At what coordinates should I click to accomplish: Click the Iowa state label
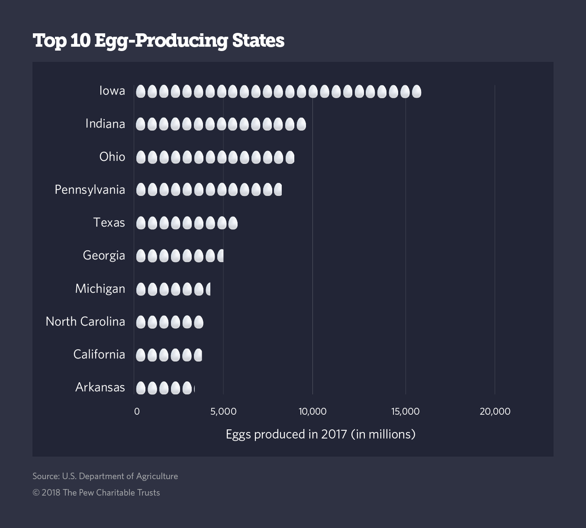pos(112,91)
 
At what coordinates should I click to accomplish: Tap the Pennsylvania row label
pos(90,190)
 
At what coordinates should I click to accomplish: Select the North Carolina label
pos(85,322)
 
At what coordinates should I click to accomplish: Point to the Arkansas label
pos(100,387)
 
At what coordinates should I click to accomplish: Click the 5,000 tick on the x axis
pos(223,411)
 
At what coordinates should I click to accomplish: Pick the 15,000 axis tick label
pos(406,411)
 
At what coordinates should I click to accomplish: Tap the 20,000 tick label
pos(495,411)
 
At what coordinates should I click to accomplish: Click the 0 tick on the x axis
pos(137,411)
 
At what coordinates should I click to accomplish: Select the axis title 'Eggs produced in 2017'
pos(320,434)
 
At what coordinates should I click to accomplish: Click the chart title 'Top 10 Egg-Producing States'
pos(158,41)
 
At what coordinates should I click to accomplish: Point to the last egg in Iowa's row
pos(416,91)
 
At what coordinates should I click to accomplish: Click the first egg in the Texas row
pos(141,223)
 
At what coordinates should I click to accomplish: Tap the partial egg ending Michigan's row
pos(208,289)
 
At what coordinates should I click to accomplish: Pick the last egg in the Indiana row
pos(301,125)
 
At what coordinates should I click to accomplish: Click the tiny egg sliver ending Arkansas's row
pos(194,388)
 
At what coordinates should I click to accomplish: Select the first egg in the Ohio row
pos(141,157)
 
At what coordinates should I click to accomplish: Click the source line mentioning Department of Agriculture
pos(105,476)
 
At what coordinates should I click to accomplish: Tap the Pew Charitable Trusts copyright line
pos(96,493)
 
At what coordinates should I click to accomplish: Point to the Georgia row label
pos(104,256)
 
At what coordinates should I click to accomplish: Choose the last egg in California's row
pos(198,355)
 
